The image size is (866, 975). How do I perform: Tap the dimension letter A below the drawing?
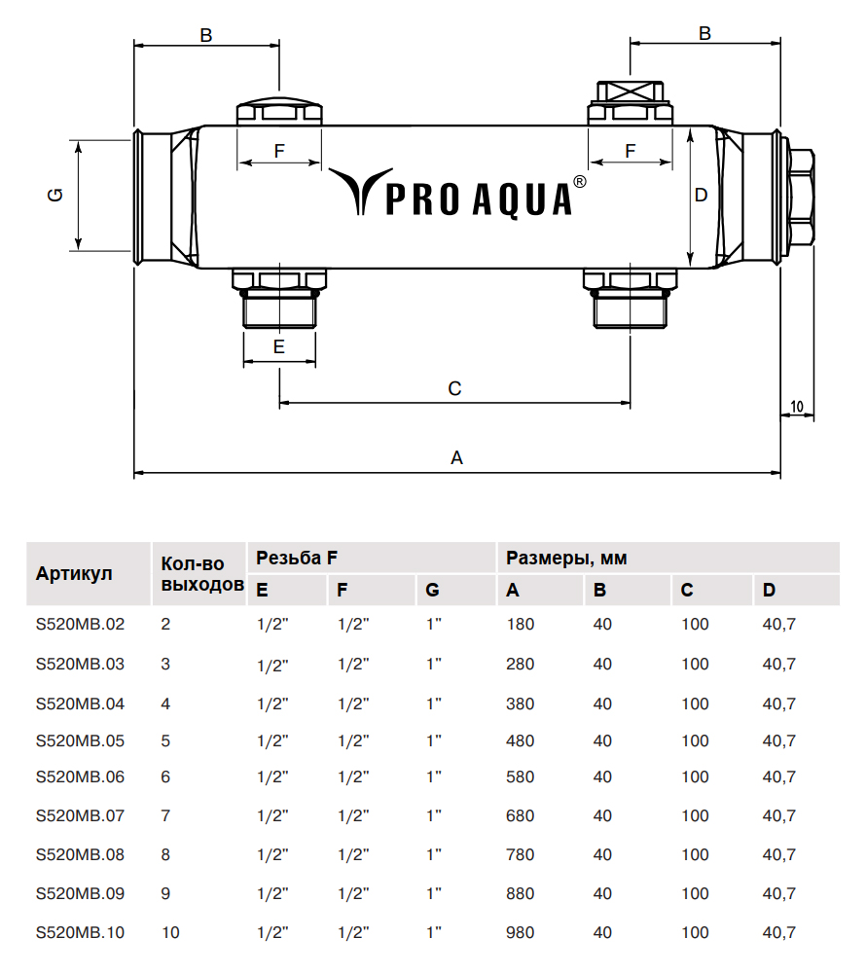tap(456, 457)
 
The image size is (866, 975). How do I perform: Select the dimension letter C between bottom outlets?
tap(454, 388)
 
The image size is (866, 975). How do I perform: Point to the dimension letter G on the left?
tap(55, 196)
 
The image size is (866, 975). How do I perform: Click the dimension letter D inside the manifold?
tap(701, 195)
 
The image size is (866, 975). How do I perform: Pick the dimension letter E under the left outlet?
tap(278, 346)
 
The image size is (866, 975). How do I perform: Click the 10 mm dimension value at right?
tap(797, 406)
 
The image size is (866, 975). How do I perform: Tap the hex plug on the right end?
tap(801, 196)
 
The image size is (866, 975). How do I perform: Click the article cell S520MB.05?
tap(80, 740)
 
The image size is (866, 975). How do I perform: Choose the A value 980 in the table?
tap(521, 932)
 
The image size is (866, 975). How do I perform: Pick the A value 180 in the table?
tap(521, 624)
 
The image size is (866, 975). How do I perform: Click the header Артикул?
tap(74, 573)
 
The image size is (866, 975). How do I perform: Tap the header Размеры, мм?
tap(566, 559)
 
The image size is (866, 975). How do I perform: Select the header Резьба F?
tap(297, 559)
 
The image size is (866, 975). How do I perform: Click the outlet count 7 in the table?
tap(165, 815)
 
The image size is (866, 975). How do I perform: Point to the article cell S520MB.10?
tap(80, 932)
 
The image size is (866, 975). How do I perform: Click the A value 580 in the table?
tap(521, 776)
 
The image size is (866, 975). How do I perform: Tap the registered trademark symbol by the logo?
tap(580, 182)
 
